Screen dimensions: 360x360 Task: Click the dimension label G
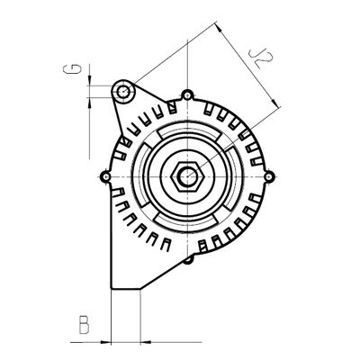click(x=78, y=67)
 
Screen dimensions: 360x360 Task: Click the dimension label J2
click(x=262, y=61)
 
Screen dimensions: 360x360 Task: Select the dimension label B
click(x=83, y=325)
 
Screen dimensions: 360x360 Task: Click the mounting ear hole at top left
click(x=124, y=91)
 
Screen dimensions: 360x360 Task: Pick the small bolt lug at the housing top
click(x=186, y=94)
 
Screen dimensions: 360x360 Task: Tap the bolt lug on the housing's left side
click(x=105, y=176)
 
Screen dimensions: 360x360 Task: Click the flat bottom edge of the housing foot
click(x=125, y=289)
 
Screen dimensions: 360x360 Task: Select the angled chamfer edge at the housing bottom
click(x=166, y=274)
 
